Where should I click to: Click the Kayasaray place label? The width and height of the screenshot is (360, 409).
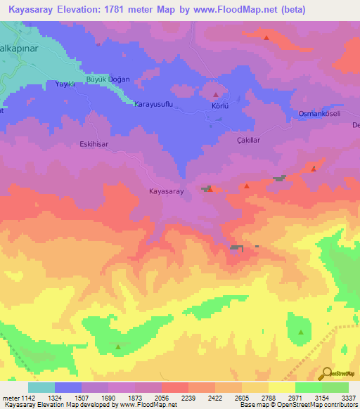tap(167, 191)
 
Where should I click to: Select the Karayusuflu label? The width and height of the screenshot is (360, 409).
tap(153, 104)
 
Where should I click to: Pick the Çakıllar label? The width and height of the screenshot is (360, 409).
tap(248, 141)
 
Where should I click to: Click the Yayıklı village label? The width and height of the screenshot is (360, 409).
tap(65, 84)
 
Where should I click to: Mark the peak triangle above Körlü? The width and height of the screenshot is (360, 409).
tap(215, 95)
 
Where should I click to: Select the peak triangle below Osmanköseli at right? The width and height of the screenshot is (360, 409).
tap(314, 169)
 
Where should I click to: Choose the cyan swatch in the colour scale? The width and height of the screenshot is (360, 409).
tap(41, 387)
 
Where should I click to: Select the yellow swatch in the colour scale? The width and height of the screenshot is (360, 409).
tap(281, 387)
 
